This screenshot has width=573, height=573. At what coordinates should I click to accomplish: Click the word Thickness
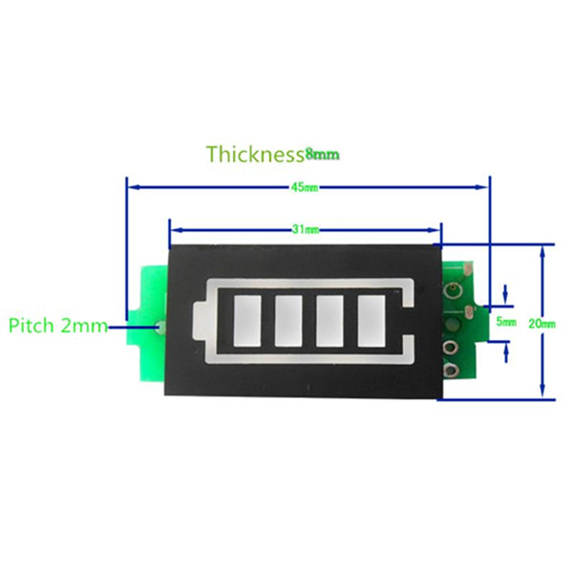click(255, 154)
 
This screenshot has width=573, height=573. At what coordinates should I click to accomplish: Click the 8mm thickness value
click(323, 155)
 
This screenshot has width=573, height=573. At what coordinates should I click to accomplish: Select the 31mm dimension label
click(306, 229)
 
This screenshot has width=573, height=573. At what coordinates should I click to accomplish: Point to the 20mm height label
click(541, 324)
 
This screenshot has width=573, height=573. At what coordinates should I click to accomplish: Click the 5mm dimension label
click(506, 322)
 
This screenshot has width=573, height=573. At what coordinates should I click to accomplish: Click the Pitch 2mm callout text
click(58, 326)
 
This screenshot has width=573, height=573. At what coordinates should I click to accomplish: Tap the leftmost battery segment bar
click(247, 321)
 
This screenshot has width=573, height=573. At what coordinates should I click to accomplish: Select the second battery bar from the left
click(288, 321)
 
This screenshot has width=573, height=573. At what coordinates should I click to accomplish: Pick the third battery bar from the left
click(329, 321)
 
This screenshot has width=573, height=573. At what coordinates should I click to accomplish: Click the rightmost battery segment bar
click(371, 321)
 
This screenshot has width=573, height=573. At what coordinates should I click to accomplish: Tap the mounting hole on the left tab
click(159, 327)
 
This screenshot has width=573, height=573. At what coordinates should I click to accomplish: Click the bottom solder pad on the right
click(452, 370)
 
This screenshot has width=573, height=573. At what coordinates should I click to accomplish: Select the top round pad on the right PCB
click(453, 290)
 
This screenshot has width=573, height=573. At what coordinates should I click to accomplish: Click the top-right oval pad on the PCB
click(467, 270)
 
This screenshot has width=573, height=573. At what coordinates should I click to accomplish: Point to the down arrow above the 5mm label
click(506, 294)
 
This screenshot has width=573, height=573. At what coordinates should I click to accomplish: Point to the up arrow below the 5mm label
click(506, 353)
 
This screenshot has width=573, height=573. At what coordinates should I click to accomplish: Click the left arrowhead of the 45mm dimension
click(134, 187)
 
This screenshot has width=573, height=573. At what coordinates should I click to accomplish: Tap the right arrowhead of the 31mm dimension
click(434, 230)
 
